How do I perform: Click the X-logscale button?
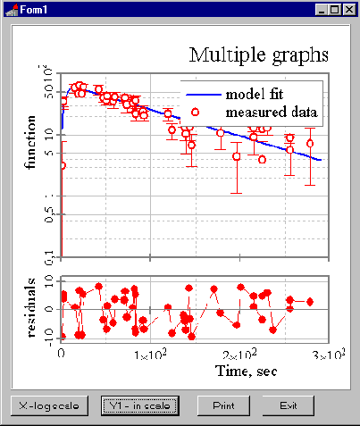click(x=50, y=405)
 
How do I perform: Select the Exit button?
click(x=288, y=405)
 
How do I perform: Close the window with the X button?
click(x=349, y=9)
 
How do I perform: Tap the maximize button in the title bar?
click(x=335, y=9)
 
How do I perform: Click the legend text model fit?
click(x=255, y=94)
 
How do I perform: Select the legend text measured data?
click(x=272, y=112)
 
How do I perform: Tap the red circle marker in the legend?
click(x=196, y=113)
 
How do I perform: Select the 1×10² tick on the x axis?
click(x=150, y=356)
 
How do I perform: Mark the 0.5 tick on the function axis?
click(x=50, y=214)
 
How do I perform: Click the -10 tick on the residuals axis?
click(x=49, y=337)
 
